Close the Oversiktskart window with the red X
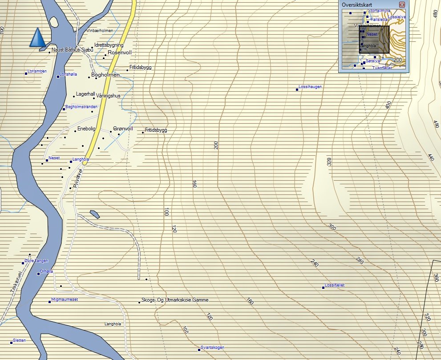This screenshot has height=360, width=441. tap(402, 4)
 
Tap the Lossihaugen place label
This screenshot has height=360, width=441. tap(310, 87)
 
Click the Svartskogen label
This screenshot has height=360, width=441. tap(212, 347)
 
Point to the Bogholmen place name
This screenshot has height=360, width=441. tap(105, 75)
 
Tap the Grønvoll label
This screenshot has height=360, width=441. tap(123, 129)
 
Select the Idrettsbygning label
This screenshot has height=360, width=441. tap(109, 45)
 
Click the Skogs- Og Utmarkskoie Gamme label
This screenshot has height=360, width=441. tap(174, 300)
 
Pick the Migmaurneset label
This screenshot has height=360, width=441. tap(65, 299)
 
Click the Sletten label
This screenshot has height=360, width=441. tap(20, 340)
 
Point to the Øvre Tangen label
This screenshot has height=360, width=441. tap(36, 261)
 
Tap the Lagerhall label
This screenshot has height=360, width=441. tap(86, 94)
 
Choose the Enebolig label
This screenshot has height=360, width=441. tap(86, 129)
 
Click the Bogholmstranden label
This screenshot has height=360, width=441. tap(81, 107)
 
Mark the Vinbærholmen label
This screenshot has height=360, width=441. tap(100, 30)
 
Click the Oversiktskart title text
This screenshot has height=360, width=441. tap(353, 4)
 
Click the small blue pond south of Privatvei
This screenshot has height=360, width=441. tap(94, 214)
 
